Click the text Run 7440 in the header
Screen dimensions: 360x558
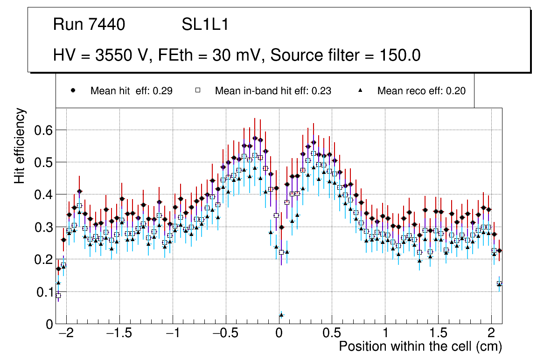(89, 25)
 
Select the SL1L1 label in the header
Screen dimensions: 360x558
(205, 25)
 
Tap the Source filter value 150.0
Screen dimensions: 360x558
(402, 55)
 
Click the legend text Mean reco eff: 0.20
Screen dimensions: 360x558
(421, 91)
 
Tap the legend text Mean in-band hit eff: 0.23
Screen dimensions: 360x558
(273, 91)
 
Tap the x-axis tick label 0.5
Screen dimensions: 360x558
(332, 334)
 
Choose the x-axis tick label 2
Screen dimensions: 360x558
(491, 334)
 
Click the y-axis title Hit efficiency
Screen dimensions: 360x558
(20, 145)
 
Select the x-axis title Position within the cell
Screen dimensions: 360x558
(420, 347)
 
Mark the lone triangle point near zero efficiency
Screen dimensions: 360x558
(281, 315)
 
